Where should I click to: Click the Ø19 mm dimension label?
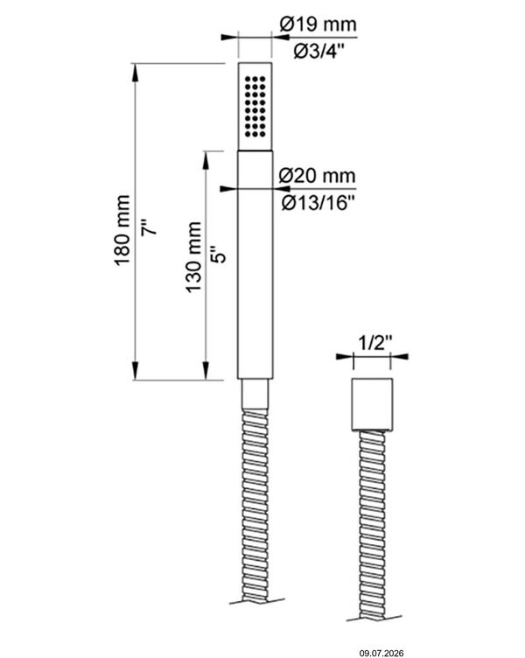pyautogui.click(x=318, y=24)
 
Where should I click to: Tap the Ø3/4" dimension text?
pyautogui.click(x=318, y=52)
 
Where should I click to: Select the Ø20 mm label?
pyautogui.click(x=318, y=175)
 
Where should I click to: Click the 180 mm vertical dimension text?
pyautogui.click(x=122, y=230)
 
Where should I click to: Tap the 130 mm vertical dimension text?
pyautogui.click(x=193, y=257)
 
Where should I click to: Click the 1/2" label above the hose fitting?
pyautogui.click(x=374, y=343)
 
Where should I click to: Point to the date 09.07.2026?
pyautogui.click(x=381, y=653)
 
